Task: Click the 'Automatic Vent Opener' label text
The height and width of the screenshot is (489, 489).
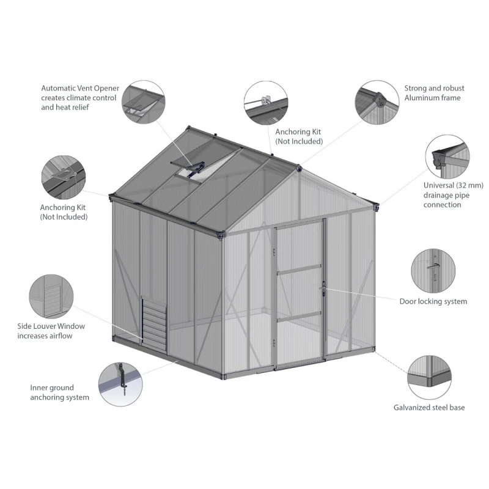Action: tap(80, 88)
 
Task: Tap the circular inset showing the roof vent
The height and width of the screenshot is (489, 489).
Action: tap(144, 102)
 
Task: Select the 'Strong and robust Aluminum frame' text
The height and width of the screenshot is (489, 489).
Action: tap(434, 93)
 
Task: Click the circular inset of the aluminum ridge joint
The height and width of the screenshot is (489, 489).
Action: tap(377, 102)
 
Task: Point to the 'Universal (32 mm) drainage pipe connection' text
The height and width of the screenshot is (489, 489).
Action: tap(453, 195)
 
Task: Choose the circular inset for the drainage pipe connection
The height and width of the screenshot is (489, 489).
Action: tap(447, 157)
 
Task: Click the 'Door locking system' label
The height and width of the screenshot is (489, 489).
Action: tap(433, 301)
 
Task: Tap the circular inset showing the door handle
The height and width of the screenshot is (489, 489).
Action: tap(433, 271)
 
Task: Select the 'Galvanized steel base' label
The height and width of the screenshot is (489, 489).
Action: tap(429, 407)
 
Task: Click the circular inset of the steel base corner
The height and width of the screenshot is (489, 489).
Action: tap(429, 377)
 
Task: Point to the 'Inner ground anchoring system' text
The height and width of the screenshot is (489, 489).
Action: tap(59, 392)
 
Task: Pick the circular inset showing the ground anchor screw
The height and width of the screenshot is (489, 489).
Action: tap(120, 384)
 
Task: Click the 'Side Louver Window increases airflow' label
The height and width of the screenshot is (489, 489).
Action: tap(51, 331)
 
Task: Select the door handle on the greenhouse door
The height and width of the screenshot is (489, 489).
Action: tap(323, 289)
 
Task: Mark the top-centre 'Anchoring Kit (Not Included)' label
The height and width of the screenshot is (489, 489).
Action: tap(299, 136)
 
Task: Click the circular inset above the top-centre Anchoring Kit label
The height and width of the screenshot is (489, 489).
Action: tap(266, 103)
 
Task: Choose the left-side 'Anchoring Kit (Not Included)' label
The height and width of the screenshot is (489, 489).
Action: tap(64, 212)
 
